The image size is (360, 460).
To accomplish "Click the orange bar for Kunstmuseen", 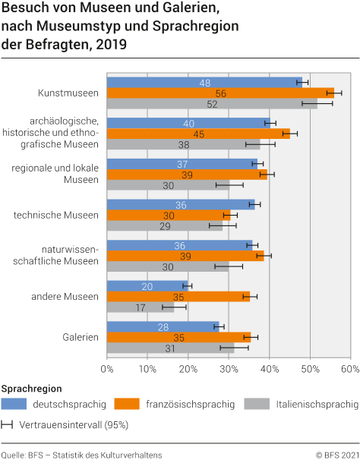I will [x=220, y=93].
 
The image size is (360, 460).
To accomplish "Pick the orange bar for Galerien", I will [x=178, y=337].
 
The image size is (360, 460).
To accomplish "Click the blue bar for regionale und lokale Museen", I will [x=182, y=163].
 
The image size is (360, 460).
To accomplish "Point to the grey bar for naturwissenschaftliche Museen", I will [x=167, y=266].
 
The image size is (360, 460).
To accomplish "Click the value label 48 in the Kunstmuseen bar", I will [x=205, y=82].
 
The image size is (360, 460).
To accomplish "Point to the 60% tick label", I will [x=349, y=368].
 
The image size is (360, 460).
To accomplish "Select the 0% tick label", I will [x=107, y=368].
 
